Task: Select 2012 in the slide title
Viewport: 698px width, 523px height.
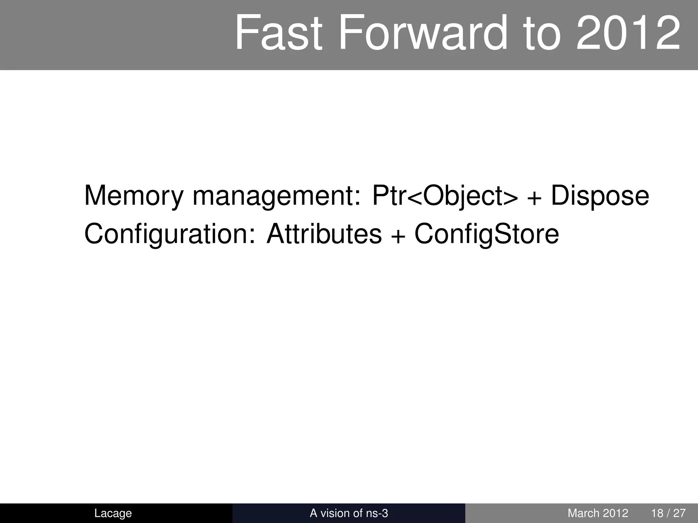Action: click(628, 33)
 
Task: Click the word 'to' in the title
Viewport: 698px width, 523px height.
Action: click(542, 33)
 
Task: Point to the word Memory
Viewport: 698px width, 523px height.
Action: click(134, 196)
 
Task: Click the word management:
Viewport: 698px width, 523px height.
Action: click(276, 196)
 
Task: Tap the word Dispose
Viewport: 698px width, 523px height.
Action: click(600, 196)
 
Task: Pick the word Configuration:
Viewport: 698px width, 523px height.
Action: click(170, 234)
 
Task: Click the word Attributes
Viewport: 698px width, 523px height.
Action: click(324, 234)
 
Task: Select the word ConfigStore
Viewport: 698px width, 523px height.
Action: click(487, 234)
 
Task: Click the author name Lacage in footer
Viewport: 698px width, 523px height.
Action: click(113, 513)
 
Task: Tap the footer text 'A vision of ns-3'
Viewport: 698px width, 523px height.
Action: click(349, 513)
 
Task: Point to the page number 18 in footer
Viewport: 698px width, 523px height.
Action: click(657, 513)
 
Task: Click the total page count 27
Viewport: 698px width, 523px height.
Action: click(679, 513)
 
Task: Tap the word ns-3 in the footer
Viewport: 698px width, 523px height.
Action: click(377, 513)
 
